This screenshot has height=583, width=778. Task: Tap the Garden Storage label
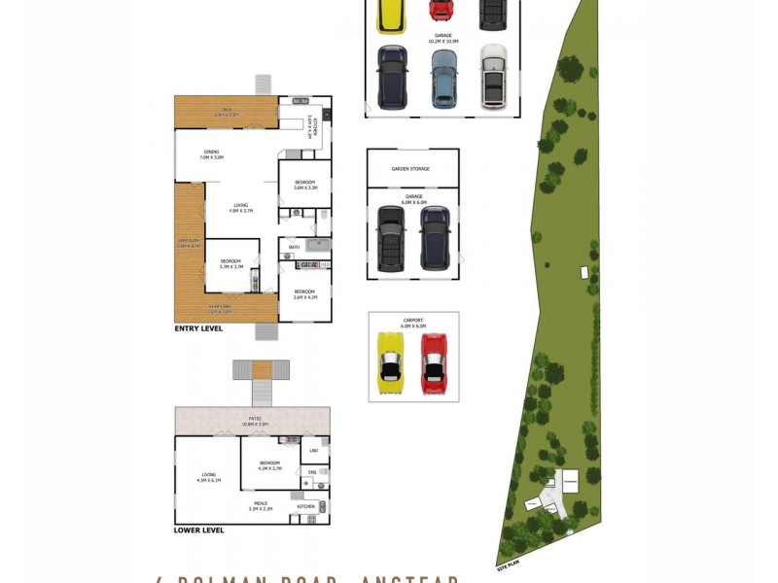point(410,169)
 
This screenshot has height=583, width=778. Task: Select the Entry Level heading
point(198,329)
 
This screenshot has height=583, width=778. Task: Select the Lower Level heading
point(199,531)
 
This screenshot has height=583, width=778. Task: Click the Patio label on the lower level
point(252,419)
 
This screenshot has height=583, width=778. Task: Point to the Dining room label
point(211,153)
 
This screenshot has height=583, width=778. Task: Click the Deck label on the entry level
point(226,111)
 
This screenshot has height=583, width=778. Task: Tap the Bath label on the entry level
point(295,248)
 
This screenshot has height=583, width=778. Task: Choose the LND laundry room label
point(313,451)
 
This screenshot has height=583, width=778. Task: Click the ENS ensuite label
point(312,473)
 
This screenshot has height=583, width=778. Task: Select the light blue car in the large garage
point(443,76)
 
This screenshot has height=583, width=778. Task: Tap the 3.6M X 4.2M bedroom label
point(304,294)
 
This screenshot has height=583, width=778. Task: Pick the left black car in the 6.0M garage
point(391,238)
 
